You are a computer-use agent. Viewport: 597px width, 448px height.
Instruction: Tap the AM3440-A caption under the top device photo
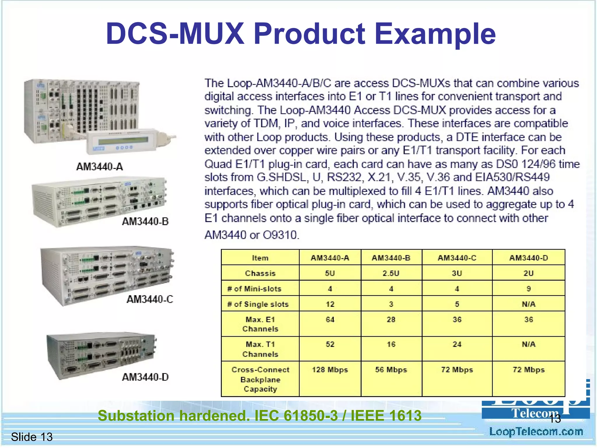(x=100, y=167)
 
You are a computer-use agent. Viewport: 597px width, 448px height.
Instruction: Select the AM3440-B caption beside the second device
(x=145, y=222)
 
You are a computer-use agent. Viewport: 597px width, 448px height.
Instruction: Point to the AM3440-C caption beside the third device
(x=150, y=299)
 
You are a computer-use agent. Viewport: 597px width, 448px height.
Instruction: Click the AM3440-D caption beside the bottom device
(x=145, y=377)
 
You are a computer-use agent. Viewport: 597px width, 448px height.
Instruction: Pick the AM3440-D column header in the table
(x=528, y=258)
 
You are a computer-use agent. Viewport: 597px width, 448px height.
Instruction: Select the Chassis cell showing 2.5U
(x=391, y=273)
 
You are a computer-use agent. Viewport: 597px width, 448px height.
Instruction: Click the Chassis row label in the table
(x=260, y=273)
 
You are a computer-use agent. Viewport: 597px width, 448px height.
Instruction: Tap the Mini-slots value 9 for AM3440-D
(x=528, y=289)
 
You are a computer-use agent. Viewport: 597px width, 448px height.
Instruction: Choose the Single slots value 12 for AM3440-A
(x=330, y=304)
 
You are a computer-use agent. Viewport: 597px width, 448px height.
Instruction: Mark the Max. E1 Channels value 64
(x=330, y=320)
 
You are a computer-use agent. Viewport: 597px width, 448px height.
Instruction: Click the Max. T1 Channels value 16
(x=391, y=344)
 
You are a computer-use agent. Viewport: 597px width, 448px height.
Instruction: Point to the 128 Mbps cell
(x=330, y=370)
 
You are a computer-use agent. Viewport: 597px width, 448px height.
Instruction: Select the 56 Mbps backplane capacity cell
(x=391, y=370)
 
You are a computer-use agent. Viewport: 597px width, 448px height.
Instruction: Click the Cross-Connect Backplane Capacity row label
(x=260, y=379)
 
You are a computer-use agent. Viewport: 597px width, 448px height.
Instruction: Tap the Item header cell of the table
(x=260, y=258)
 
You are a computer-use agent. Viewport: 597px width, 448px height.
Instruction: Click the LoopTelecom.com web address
(x=536, y=432)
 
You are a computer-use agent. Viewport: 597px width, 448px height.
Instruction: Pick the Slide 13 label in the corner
(x=32, y=437)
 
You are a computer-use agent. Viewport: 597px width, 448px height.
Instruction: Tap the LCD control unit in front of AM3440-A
(x=124, y=141)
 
